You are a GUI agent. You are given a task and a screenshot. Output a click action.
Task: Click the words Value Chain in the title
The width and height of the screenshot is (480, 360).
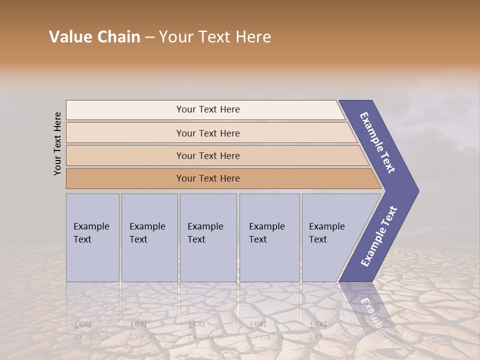click(x=94, y=36)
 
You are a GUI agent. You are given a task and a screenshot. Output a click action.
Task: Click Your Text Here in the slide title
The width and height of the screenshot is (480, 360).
click(x=215, y=36)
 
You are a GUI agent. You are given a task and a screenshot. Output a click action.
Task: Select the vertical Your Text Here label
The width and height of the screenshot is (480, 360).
click(x=57, y=143)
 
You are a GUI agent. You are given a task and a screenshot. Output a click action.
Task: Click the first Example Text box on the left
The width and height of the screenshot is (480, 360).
click(x=92, y=237)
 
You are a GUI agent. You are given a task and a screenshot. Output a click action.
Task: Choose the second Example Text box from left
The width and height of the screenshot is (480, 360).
click(x=149, y=237)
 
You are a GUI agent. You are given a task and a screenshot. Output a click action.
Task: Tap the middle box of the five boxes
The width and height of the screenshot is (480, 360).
click(x=208, y=237)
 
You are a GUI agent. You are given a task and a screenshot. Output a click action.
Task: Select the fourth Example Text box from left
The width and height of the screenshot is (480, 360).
click(x=269, y=237)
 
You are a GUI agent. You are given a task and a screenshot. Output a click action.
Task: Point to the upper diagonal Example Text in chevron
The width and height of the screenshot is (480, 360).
click(x=377, y=142)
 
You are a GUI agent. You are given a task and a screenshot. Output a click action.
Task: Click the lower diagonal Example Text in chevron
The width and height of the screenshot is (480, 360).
click(x=378, y=236)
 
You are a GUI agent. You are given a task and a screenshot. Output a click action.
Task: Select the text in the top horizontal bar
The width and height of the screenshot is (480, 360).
click(x=208, y=109)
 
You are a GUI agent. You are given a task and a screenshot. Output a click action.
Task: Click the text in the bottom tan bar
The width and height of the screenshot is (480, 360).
click(x=208, y=178)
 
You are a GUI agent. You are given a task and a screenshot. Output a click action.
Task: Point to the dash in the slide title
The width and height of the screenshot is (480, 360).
click(x=149, y=37)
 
